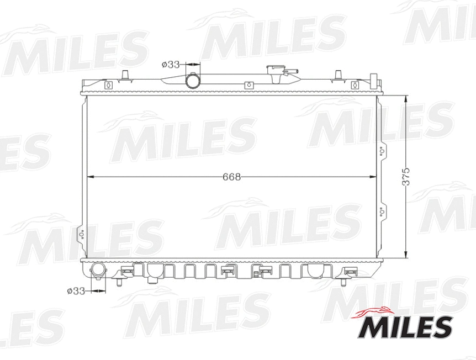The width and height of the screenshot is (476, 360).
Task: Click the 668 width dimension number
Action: point(232,177)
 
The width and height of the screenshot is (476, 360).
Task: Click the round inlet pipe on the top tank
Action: point(193,81)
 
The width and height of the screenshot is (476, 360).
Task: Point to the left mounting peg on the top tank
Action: point(125,75)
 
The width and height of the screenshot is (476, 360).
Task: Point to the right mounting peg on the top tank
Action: point(339,75)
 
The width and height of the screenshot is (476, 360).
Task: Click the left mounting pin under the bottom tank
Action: point(119,282)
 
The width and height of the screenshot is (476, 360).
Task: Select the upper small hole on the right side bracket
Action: point(382,150)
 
